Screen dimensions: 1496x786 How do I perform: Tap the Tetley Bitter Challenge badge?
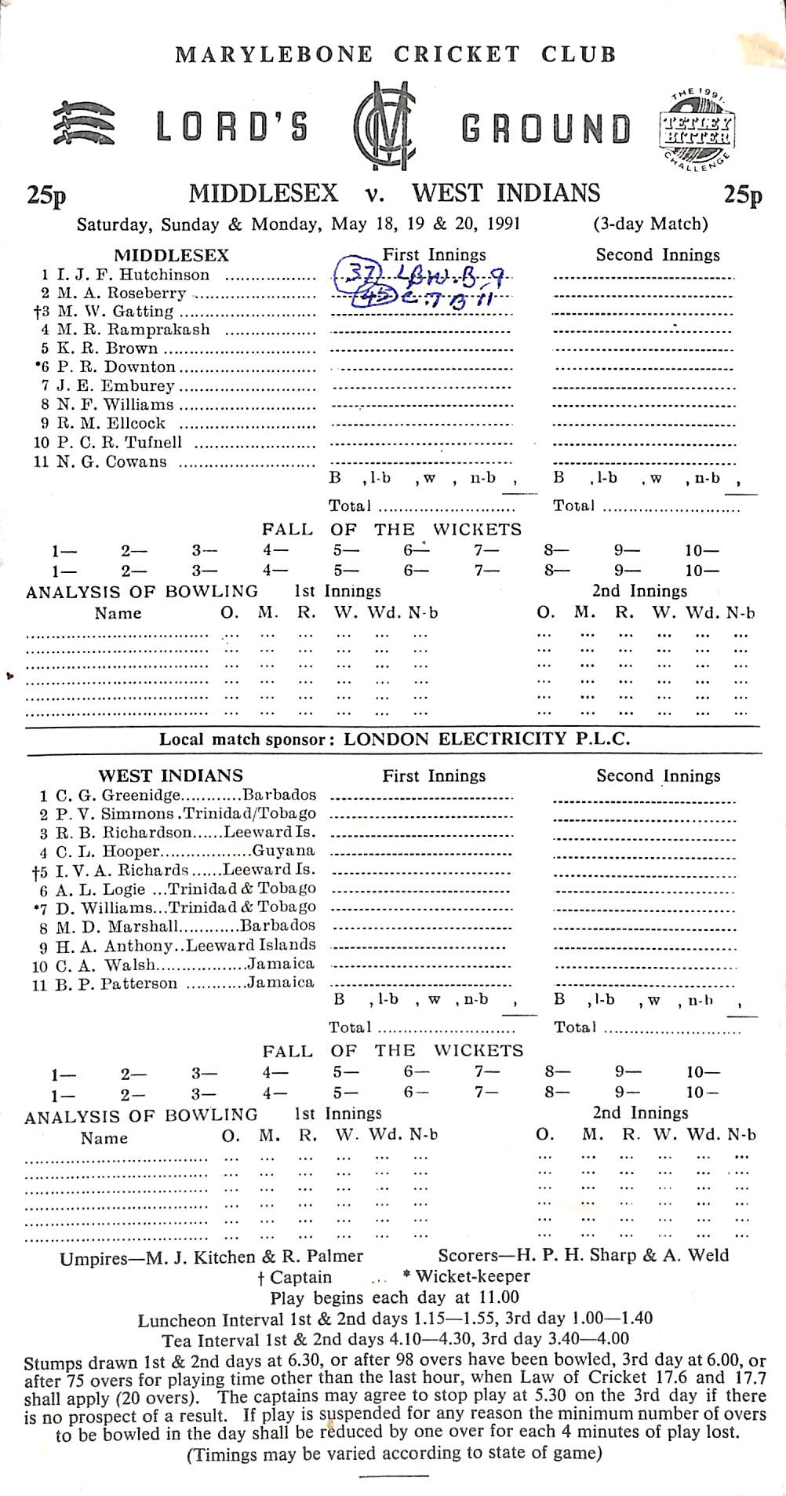coord(697,128)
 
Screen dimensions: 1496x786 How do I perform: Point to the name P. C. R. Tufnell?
coord(119,443)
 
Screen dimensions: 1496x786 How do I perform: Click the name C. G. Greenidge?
coord(118,794)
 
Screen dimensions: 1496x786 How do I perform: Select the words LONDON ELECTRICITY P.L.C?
coord(486,739)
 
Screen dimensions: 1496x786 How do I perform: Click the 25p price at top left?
coord(45,194)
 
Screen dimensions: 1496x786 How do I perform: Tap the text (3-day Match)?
coord(650,224)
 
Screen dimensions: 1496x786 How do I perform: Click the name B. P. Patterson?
coord(117,983)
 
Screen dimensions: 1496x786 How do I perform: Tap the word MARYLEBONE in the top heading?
coord(274,54)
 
